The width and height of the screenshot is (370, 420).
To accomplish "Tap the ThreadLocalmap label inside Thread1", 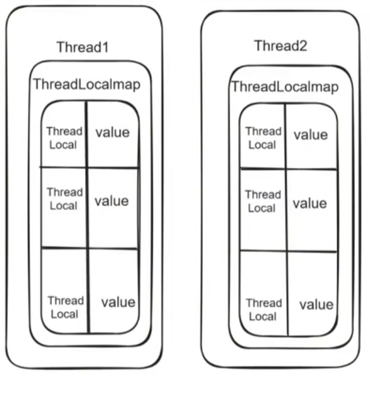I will (x=87, y=84).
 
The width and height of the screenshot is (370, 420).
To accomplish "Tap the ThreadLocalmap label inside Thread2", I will (x=284, y=87).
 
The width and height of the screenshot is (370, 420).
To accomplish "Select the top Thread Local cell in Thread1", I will (x=64, y=137).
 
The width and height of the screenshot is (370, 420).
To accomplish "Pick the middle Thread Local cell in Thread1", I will (x=64, y=199).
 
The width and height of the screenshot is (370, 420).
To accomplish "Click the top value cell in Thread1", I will (x=113, y=132).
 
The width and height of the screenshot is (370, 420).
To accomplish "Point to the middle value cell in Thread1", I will (x=112, y=200).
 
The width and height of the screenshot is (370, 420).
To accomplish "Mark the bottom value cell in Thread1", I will (x=118, y=302).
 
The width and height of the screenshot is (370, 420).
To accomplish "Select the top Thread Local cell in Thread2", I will (x=263, y=138).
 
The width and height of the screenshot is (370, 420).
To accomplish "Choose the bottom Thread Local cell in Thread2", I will (x=263, y=310).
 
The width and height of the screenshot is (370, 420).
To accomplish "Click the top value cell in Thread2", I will (x=310, y=135).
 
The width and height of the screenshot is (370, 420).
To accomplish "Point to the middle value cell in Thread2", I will (x=310, y=204).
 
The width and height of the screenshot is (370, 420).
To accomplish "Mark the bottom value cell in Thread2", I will (x=316, y=304).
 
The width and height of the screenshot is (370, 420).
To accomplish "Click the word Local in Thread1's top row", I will (x=63, y=145).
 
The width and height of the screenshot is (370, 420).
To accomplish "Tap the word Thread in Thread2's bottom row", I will (x=264, y=303).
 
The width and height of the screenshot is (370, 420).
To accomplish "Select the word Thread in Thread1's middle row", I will (x=65, y=192).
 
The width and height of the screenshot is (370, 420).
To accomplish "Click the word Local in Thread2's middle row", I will (x=262, y=208).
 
